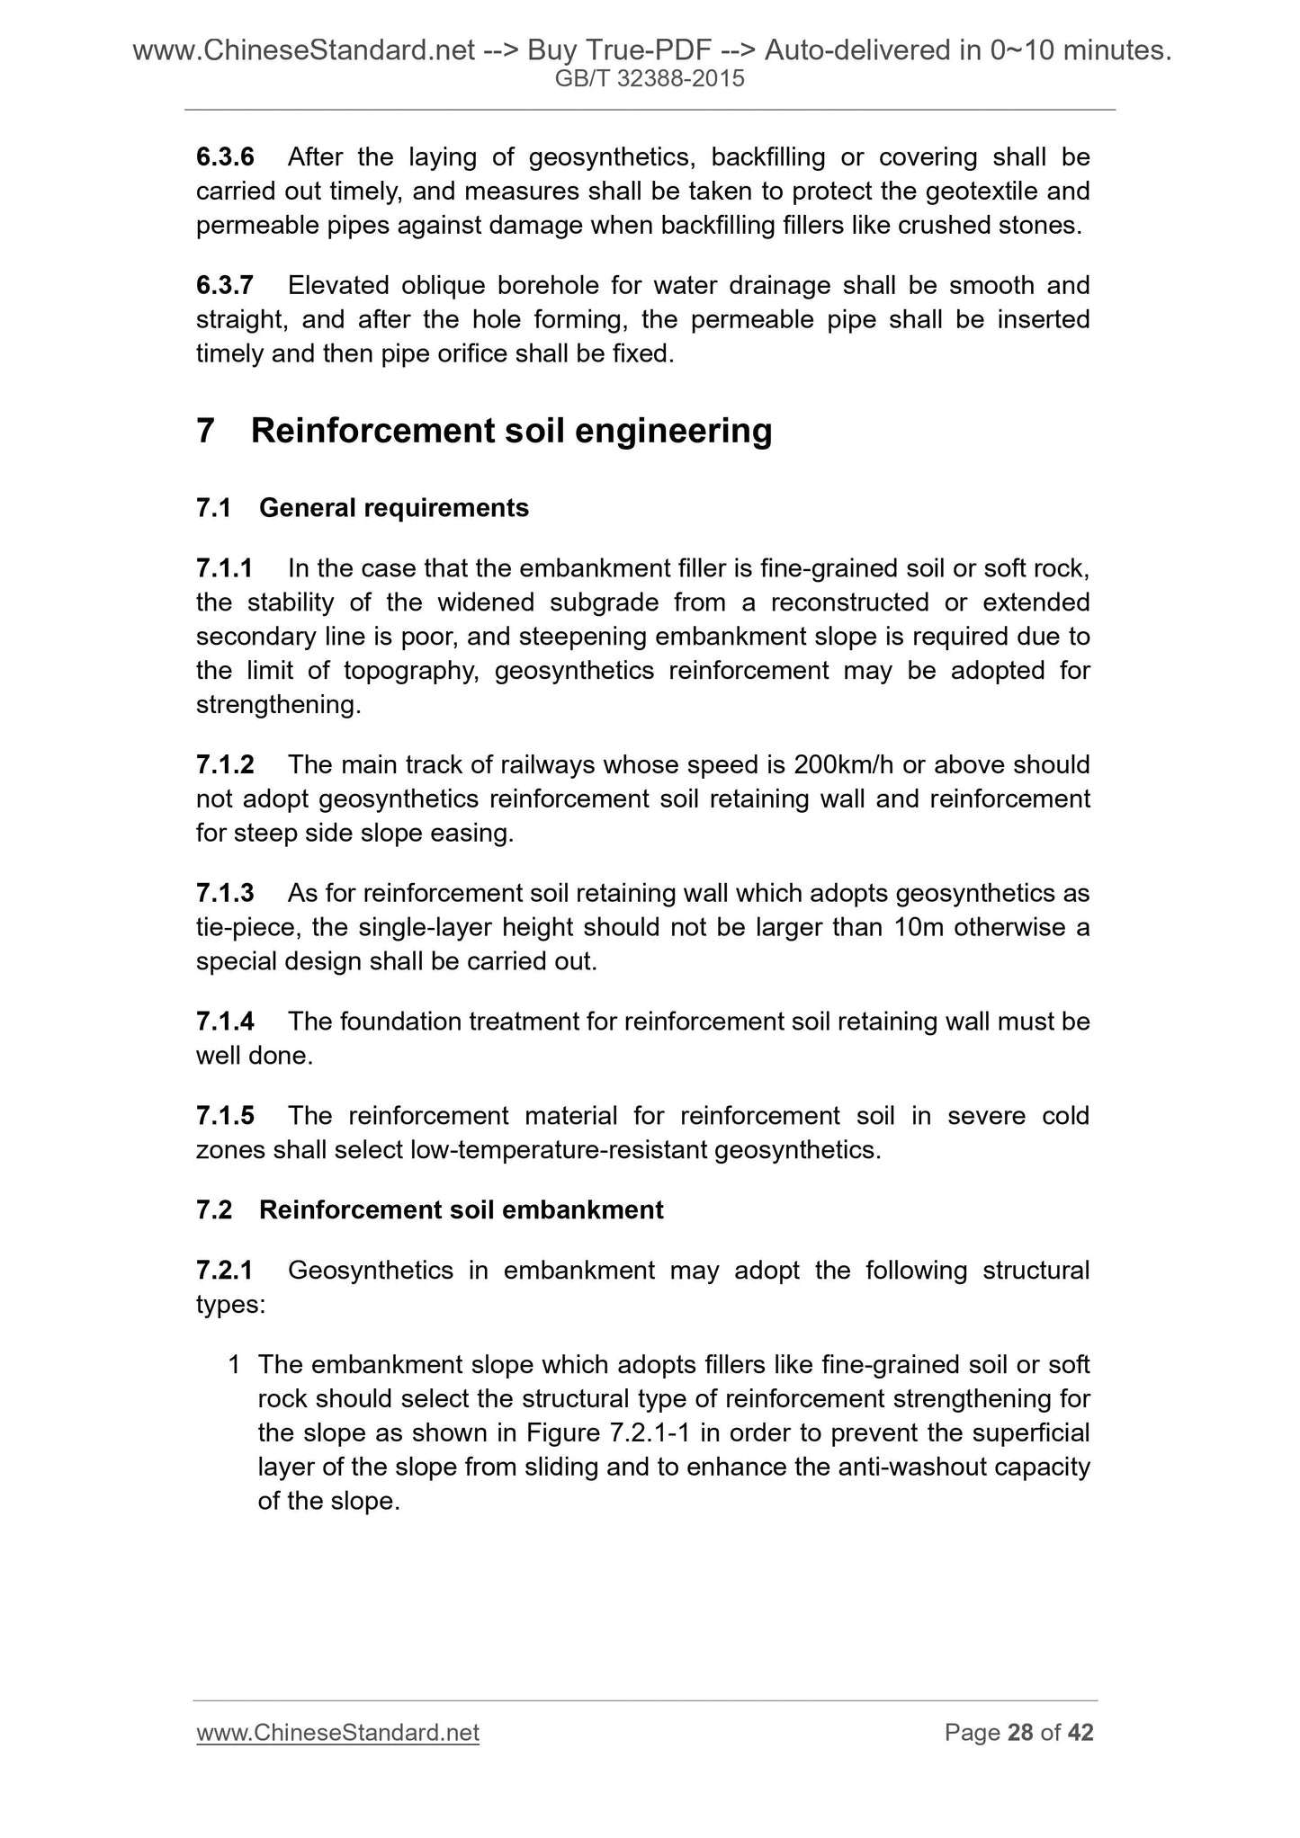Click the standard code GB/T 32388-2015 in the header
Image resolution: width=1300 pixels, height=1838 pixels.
(x=650, y=79)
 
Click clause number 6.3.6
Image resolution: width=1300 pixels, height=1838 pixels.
(x=225, y=157)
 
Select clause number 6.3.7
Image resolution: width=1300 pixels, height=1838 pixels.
(x=225, y=286)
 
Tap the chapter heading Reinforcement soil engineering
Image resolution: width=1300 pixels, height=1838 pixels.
(x=511, y=431)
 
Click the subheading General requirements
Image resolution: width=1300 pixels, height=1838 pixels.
(x=393, y=508)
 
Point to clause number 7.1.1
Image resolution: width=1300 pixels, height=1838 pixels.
(x=225, y=568)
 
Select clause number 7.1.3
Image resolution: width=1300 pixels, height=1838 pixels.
(x=225, y=894)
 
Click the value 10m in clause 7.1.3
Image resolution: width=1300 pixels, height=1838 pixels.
(x=919, y=928)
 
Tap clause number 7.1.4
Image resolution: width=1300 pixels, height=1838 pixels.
(x=225, y=1022)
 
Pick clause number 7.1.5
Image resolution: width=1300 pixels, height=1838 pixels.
(x=225, y=1116)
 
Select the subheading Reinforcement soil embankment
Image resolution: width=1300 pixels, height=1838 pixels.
(x=461, y=1210)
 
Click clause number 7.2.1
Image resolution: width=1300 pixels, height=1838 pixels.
(x=225, y=1271)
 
